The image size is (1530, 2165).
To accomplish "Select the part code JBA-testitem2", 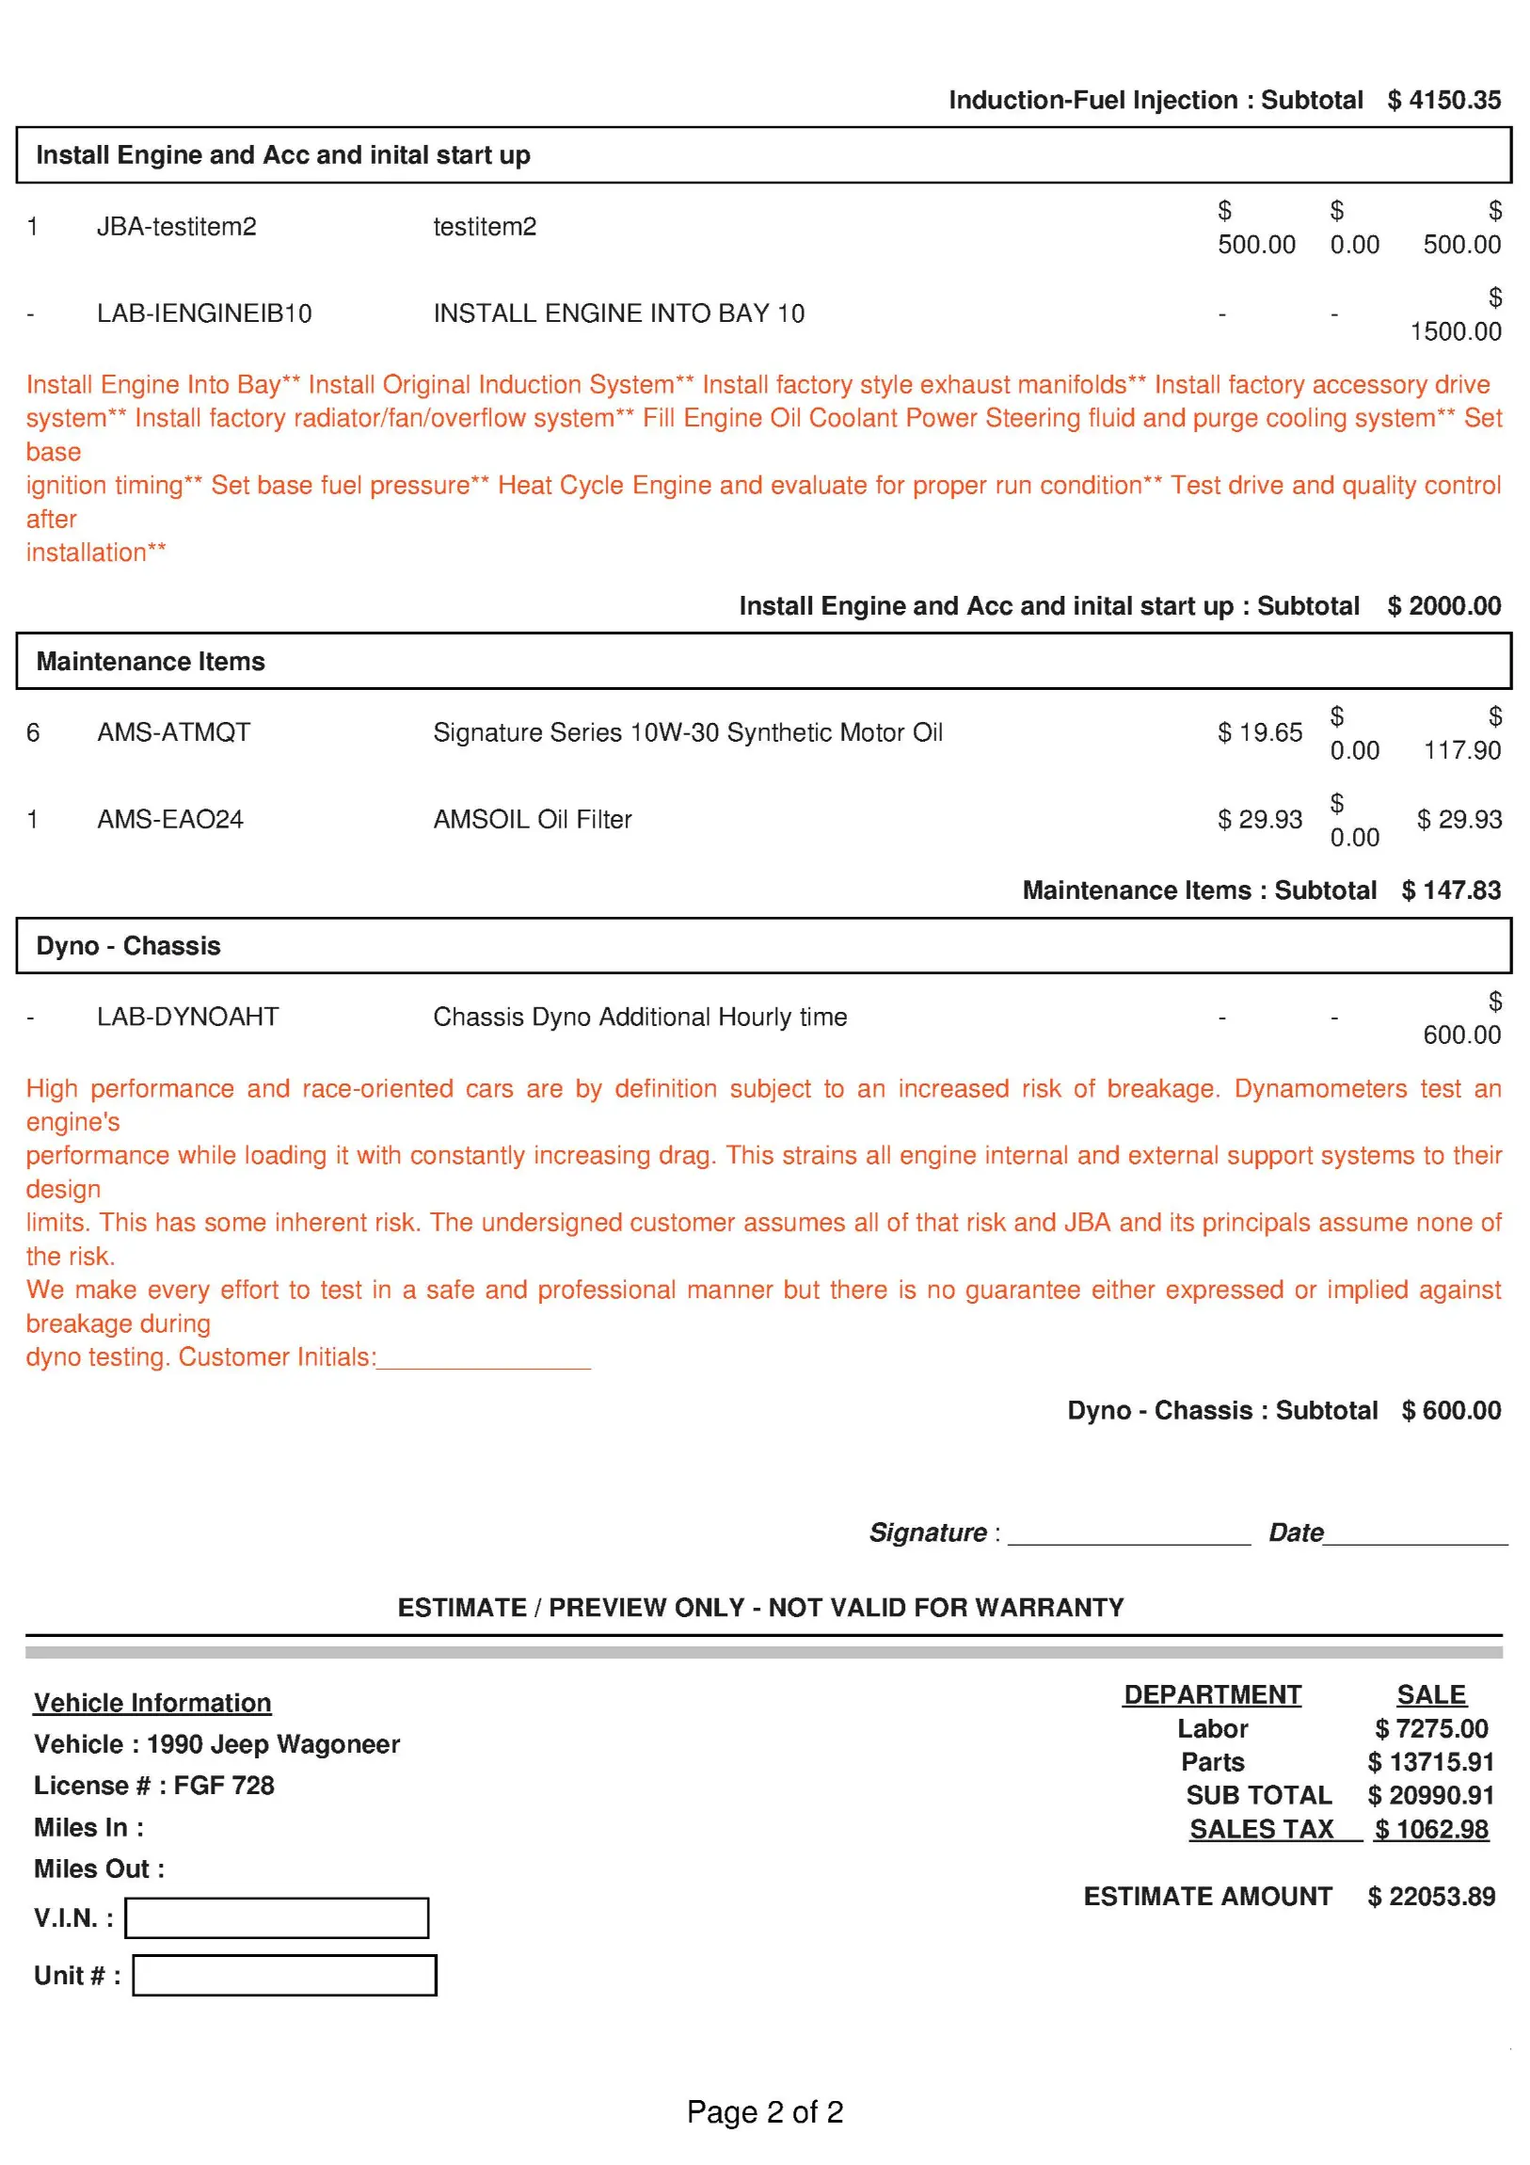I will [176, 226].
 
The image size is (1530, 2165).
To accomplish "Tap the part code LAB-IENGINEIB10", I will [203, 313].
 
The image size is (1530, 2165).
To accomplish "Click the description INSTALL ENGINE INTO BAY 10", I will [618, 313].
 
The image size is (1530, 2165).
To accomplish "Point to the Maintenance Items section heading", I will [151, 661].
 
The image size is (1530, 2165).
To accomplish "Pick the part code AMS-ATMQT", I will [173, 732].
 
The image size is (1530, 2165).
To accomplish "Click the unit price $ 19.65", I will [1259, 732].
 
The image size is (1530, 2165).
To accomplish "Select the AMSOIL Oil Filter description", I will [533, 820].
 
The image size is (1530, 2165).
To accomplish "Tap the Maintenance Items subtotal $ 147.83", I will [1451, 890].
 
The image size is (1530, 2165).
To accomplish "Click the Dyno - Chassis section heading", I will [128, 946].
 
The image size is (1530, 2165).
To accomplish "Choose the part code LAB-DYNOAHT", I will [187, 1017].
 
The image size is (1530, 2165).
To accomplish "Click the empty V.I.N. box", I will [277, 1918].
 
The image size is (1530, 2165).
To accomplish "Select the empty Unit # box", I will [284, 1976].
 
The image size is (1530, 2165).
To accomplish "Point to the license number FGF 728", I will [223, 1786].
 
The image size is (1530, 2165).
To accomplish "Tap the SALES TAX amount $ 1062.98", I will [1431, 1829].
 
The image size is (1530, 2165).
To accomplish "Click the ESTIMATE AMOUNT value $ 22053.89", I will [1431, 1897].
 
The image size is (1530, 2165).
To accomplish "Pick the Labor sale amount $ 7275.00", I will [1431, 1728].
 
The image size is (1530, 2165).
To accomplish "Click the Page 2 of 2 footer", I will [764, 2112].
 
